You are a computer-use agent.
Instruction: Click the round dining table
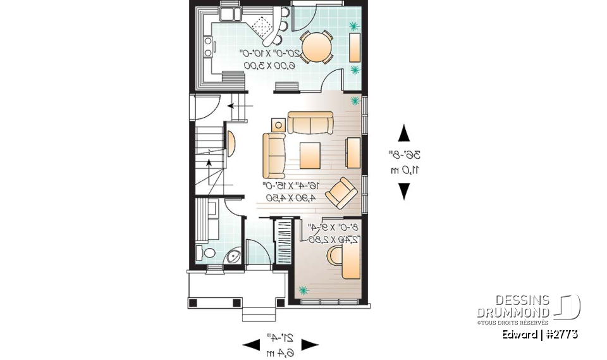(314, 46)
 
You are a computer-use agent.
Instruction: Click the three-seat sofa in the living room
(310, 123)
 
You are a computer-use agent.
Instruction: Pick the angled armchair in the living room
(341, 192)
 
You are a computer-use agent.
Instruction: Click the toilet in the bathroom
(203, 252)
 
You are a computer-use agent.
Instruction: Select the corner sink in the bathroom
(233, 256)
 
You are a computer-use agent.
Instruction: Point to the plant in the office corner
(304, 290)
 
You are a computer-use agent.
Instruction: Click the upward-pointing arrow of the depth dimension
(403, 134)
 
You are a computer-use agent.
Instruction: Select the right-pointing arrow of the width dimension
(309, 345)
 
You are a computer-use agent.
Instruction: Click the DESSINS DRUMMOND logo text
(513, 306)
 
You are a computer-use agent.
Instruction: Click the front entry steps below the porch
(260, 313)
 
